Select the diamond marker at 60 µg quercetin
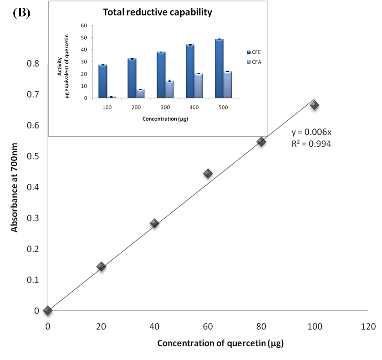208,174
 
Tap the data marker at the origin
47,310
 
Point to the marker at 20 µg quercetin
101,267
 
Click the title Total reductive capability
158,12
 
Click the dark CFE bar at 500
219,69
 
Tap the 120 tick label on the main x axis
367,326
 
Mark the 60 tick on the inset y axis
84,26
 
